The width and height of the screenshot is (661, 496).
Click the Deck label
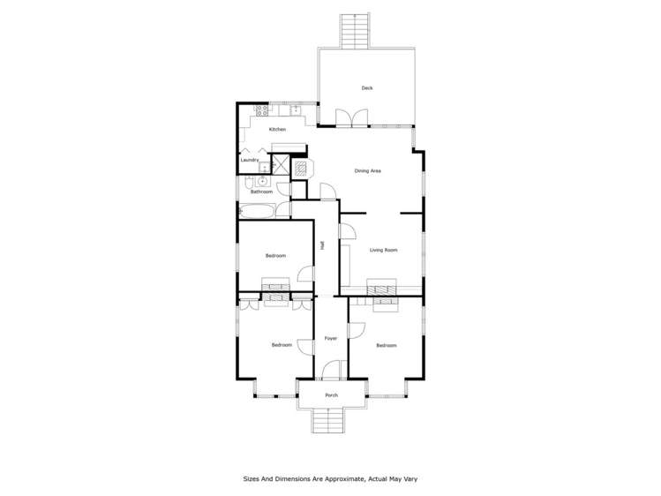pyautogui.click(x=366, y=87)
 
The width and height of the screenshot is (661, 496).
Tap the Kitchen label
pyautogui.click(x=277, y=130)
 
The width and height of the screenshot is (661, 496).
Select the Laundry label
pyautogui.click(x=250, y=160)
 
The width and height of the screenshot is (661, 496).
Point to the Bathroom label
pyautogui.click(x=261, y=192)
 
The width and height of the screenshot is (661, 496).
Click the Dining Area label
pyautogui.click(x=367, y=170)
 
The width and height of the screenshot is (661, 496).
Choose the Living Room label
pyautogui.click(x=383, y=250)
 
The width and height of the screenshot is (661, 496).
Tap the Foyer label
pyautogui.click(x=331, y=338)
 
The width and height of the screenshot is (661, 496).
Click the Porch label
pyautogui.click(x=331, y=395)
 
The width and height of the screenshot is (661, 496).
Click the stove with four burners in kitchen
pyautogui.click(x=261, y=110)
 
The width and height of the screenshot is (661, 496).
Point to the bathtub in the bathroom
pyautogui.click(x=255, y=211)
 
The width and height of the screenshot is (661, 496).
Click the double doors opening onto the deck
pyautogui.click(x=351, y=118)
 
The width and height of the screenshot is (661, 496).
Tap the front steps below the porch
pyautogui.click(x=331, y=421)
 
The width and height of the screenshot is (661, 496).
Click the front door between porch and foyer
pyautogui.click(x=331, y=372)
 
